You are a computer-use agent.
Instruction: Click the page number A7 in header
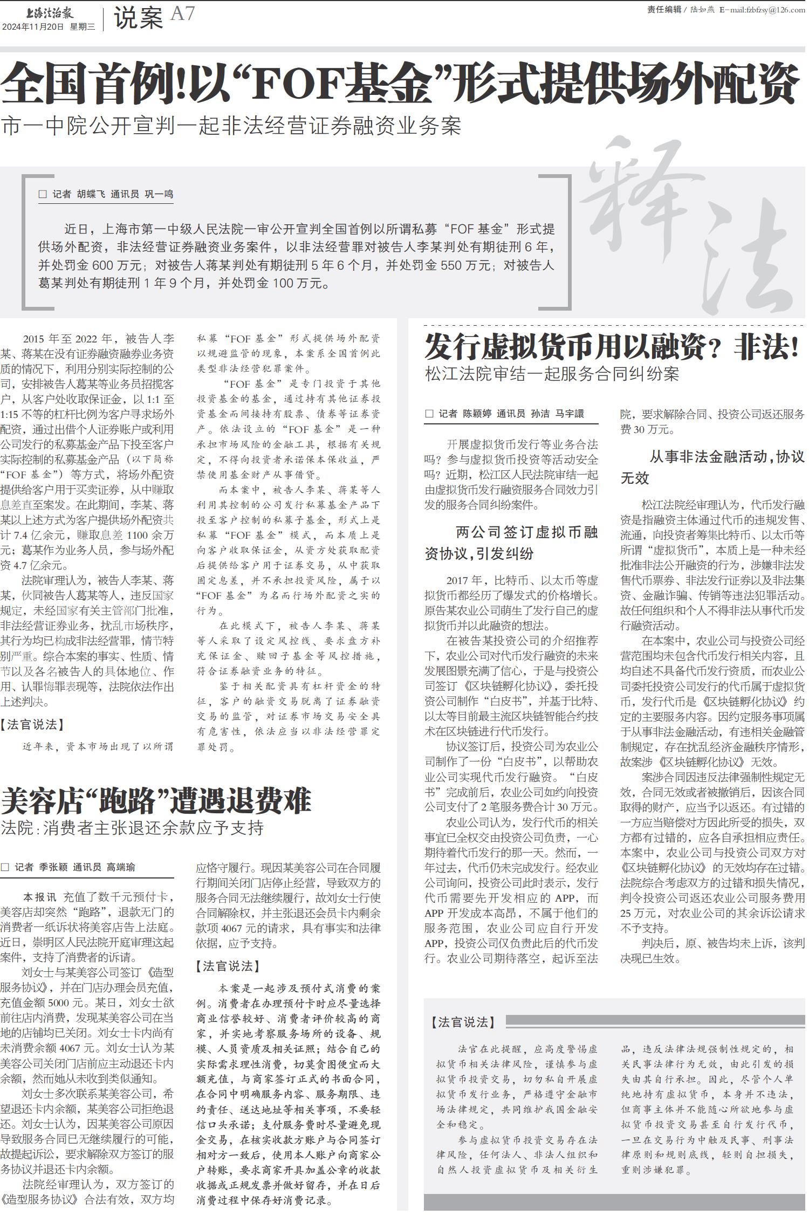182,13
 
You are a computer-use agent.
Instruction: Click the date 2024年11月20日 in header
33,26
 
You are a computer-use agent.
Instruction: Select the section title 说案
138,19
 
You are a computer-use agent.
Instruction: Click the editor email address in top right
762,10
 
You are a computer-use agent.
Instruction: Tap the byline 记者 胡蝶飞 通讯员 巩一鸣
106,195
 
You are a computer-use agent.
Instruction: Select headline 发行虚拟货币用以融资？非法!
611,347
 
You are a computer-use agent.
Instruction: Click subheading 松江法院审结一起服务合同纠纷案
551,374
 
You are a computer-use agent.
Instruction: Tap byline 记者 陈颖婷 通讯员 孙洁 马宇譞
505,414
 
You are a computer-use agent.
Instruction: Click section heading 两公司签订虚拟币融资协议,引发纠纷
511,543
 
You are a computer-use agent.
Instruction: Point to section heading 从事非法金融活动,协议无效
712,467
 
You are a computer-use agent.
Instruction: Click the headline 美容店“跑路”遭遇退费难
156,801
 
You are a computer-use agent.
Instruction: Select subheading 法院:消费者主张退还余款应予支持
132,828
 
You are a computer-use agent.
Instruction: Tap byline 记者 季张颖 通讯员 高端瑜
68,867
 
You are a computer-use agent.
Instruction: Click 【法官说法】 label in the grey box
463,1022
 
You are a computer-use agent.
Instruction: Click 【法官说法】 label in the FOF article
32,724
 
